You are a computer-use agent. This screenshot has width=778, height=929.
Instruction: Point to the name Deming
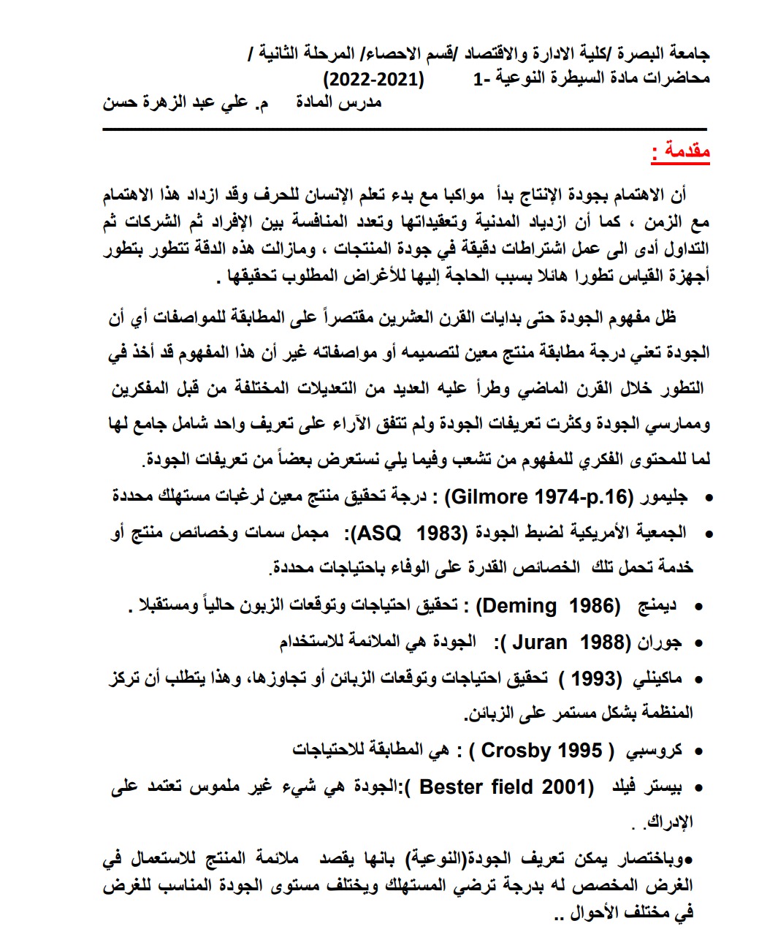[519, 606]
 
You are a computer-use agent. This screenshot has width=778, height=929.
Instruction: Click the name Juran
[539, 642]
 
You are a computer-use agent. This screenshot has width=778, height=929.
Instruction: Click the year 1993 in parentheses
[591, 678]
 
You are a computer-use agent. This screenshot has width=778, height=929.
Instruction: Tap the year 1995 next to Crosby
[580, 750]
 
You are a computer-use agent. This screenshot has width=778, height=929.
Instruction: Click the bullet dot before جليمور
[706, 498]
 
